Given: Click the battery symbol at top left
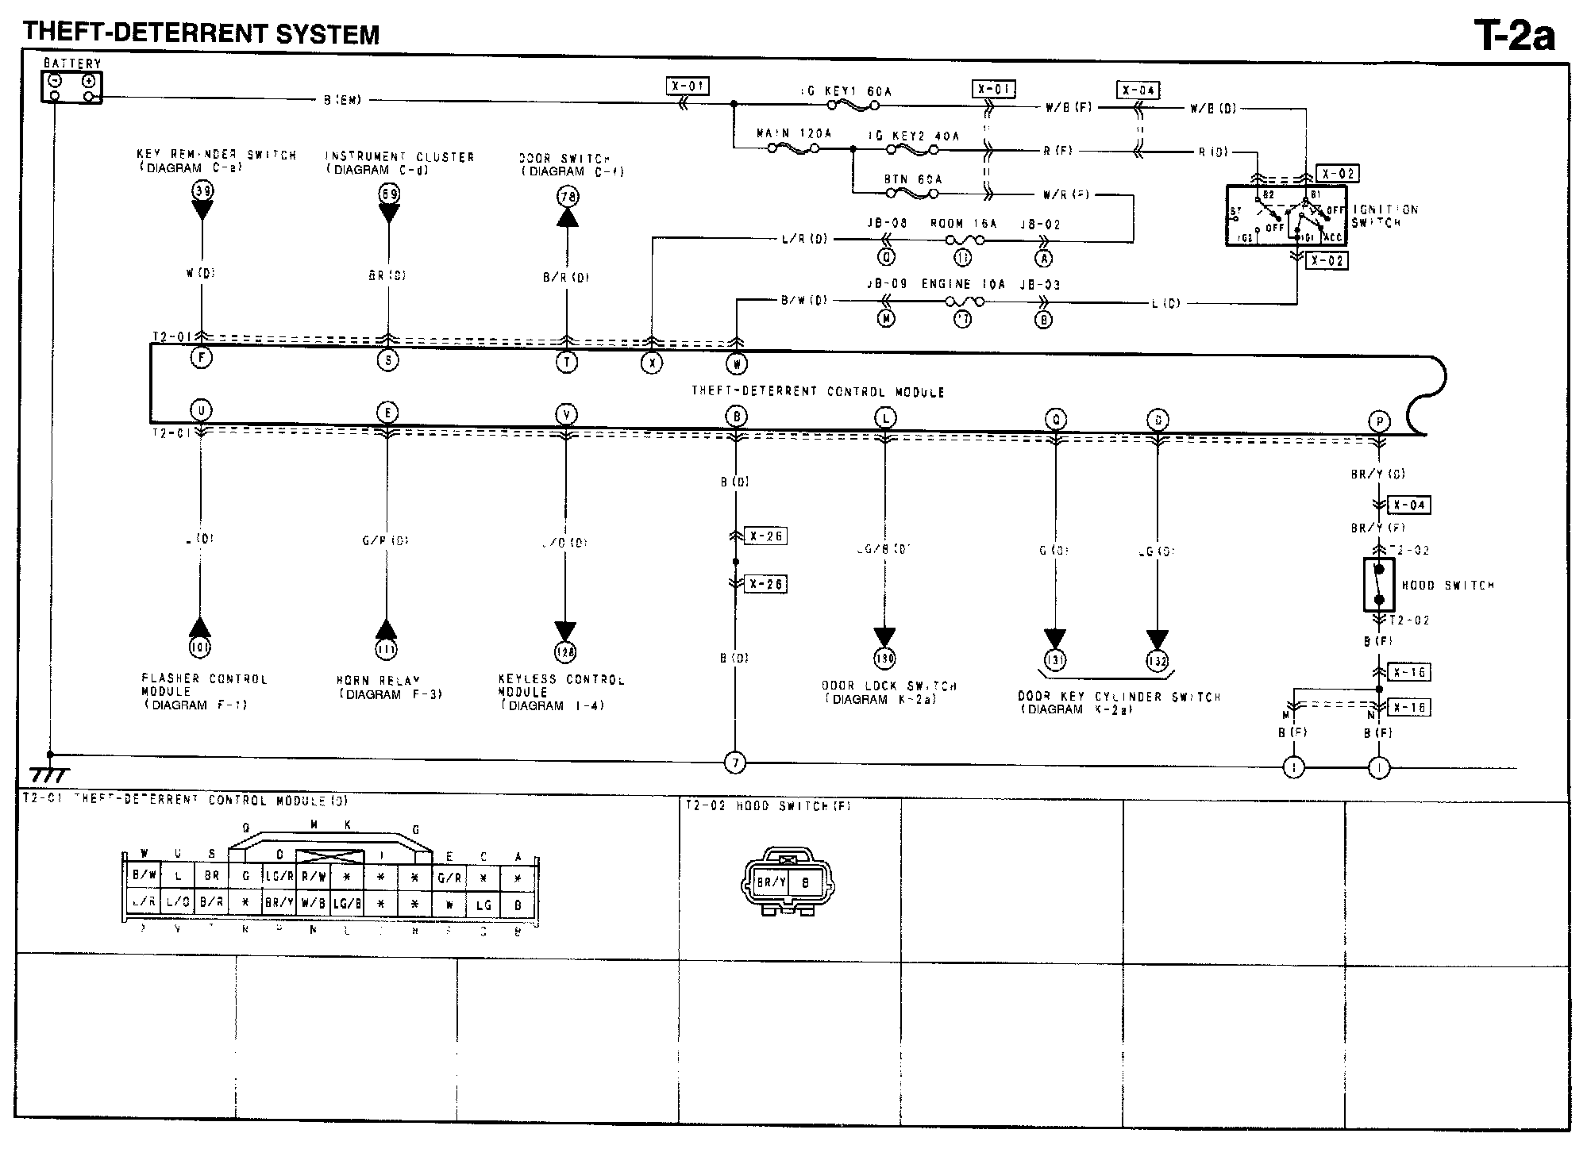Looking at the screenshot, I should pos(71,86).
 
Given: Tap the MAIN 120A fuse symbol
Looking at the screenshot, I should pos(793,148).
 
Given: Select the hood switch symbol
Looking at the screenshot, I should pos(1379,585).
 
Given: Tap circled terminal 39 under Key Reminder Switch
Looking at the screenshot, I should pos(202,190).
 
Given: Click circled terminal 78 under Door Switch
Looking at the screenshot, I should pos(567,196).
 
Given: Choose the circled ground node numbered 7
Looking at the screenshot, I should pos(735,763).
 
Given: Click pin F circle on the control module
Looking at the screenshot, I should pos(202,358).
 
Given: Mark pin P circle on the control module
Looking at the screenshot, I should pos(1379,422).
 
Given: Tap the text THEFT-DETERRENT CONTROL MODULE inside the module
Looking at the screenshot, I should pos(818,391).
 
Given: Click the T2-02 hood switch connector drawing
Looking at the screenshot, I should pos(787,882).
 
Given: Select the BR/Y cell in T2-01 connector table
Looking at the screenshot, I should pos(279,903).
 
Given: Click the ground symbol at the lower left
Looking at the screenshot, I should pos(49,774).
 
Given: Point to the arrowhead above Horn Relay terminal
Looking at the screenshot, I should pos(387,629).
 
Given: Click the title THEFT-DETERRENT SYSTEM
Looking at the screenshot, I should pos(202,34).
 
